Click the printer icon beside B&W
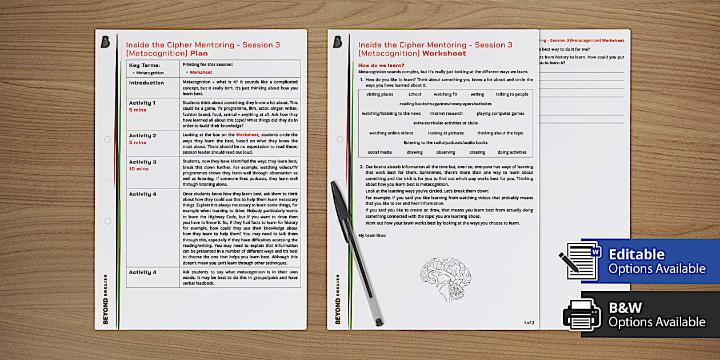[582, 314]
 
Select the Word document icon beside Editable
[581, 261]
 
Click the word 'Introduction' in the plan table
[146, 83]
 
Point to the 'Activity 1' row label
[142, 103]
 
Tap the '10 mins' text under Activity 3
[139, 169]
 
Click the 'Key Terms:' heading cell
[142, 65]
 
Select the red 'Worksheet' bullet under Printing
[201, 73]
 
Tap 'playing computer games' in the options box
[500, 114]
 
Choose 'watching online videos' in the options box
[391, 133]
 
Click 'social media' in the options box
[379, 153]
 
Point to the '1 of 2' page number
[529, 323]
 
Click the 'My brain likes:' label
[373, 235]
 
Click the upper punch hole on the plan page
[107, 139]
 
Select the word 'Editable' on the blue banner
[637, 254]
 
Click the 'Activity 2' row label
[142, 136]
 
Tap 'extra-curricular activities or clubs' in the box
[445, 123]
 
